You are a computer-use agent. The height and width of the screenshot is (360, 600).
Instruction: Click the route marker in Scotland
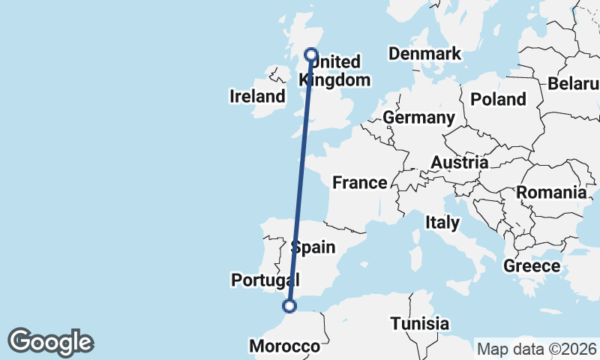[310, 54]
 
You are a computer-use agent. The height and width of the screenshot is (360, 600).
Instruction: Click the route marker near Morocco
[289, 305]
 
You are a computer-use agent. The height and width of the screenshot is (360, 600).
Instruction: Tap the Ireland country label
[257, 96]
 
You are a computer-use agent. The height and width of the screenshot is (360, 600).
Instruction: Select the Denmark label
[424, 54]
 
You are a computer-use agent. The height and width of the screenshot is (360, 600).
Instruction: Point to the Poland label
[498, 99]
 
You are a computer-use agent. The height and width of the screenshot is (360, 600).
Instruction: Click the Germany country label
[418, 118]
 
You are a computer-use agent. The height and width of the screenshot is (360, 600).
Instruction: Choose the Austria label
[459, 162]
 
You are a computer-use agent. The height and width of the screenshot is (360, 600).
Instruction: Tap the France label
[360, 182]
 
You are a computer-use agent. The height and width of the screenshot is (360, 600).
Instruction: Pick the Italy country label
[442, 222]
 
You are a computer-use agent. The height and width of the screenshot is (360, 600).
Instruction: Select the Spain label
[312, 247]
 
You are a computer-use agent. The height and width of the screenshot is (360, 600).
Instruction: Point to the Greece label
[532, 265]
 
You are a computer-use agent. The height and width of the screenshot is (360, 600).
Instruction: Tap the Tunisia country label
[420, 324]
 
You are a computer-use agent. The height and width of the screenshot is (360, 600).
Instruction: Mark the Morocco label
[284, 346]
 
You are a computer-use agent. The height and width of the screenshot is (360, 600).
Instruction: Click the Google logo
[50, 342]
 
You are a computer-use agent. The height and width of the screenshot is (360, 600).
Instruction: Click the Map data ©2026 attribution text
[536, 348]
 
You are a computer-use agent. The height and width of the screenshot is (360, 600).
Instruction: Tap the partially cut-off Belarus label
[574, 83]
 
